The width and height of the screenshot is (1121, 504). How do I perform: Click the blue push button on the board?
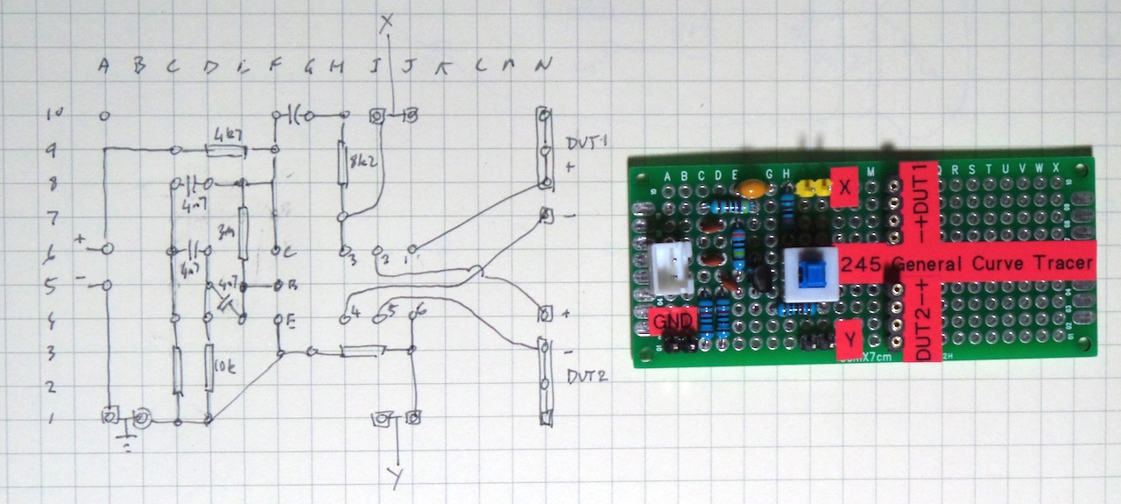(x=810, y=270)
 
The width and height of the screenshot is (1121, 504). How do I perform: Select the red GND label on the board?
(x=673, y=323)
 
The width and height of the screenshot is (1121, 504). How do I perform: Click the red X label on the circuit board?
(x=844, y=187)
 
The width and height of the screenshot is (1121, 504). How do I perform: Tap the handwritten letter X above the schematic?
(x=386, y=25)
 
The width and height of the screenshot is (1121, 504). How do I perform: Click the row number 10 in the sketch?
(x=55, y=115)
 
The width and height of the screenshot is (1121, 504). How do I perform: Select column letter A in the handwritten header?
(x=105, y=66)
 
